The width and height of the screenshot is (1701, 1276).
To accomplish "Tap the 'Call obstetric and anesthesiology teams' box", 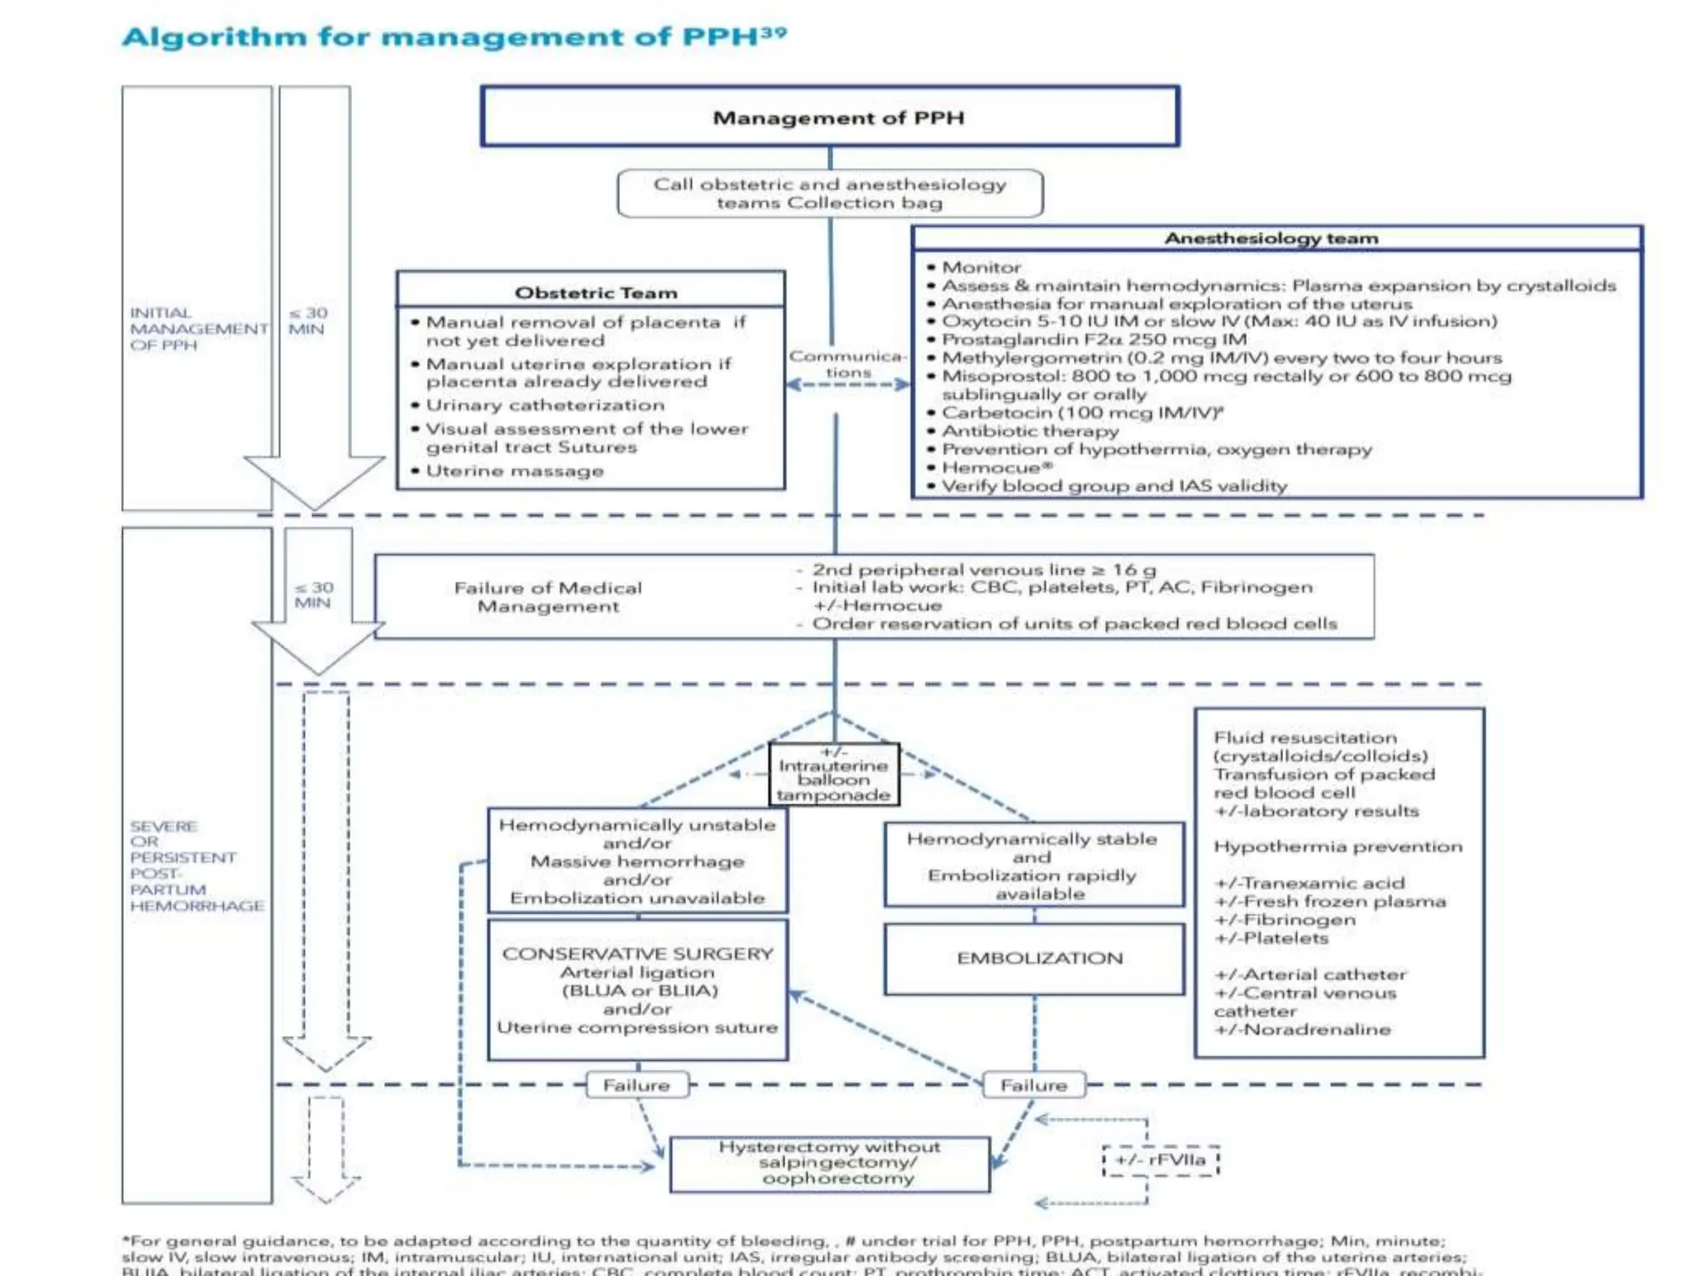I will click(830, 194).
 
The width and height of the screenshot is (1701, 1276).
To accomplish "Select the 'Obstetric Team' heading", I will click(596, 292).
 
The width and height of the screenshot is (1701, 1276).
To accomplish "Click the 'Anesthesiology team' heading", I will click(1271, 238).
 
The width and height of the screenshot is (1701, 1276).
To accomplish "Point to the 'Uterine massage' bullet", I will click(514, 471).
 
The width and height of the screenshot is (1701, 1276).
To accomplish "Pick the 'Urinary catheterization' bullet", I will click(545, 405).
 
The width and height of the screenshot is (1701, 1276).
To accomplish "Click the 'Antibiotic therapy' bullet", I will click(1030, 431).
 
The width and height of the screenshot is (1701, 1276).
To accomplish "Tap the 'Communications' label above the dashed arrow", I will click(847, 364).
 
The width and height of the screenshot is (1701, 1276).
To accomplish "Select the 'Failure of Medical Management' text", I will click(548, 597).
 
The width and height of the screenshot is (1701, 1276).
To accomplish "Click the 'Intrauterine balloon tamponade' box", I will click(833, 774).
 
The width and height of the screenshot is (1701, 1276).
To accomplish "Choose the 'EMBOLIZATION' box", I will click(1039, 959).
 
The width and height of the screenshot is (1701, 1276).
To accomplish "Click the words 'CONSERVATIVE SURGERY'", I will click(637, 954).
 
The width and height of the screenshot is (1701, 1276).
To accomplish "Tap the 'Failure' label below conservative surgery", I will click(636, 1085).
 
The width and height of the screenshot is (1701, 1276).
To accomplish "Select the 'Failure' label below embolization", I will click(1033, 1085).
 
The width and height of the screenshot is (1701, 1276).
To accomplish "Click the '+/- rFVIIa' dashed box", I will click(1160, 1160).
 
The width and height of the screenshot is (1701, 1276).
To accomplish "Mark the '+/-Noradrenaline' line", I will click(1301, 1029).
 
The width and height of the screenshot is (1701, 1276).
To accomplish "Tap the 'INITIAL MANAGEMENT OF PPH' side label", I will click(198, 329).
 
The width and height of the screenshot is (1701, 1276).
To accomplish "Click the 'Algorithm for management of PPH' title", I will click(454, 37).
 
